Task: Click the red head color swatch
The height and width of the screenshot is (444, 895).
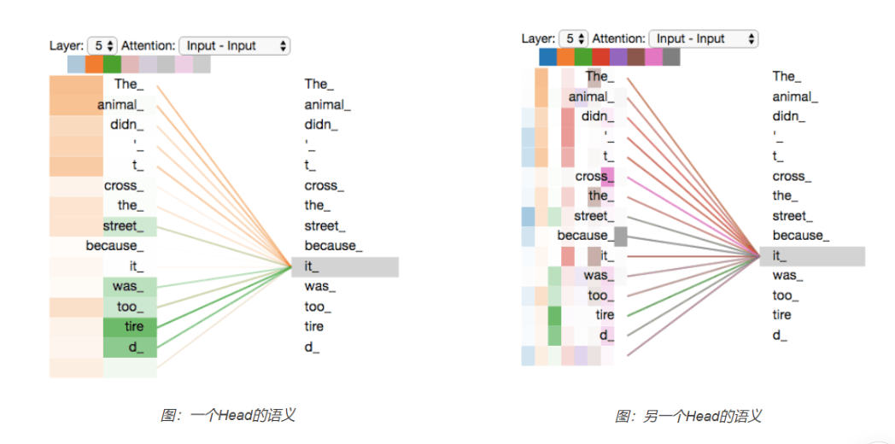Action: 600,57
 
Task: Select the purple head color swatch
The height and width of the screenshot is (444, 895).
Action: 618,57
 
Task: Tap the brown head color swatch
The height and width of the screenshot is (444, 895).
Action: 636,57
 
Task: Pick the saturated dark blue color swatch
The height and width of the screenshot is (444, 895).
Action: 547,57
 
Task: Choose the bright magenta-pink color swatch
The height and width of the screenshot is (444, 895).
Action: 653,57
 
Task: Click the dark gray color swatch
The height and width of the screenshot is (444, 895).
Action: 671,57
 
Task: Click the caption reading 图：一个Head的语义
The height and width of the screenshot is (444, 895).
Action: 228,416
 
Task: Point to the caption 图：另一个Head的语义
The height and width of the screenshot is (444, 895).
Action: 688,416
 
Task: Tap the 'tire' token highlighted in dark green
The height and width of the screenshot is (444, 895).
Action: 130,327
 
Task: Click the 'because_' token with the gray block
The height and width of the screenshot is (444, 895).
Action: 592,236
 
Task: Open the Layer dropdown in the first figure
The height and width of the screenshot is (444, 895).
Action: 102,45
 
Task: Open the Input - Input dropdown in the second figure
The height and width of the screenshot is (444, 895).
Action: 704,38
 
